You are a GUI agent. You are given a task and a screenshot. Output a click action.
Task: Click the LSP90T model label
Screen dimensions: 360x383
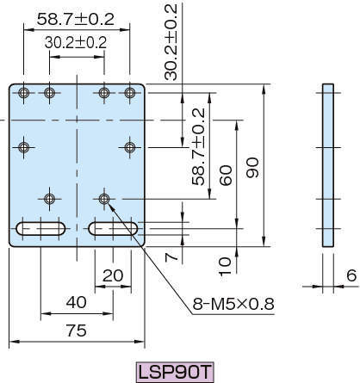click(x=175, y=372)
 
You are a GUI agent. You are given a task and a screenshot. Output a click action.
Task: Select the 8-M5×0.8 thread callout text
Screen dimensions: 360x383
click(x=233, y=304)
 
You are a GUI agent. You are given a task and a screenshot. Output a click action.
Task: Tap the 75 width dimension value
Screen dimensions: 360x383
click(x=77, y=330)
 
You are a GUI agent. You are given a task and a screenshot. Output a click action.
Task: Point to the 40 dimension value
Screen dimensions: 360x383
click(x=77, y=302)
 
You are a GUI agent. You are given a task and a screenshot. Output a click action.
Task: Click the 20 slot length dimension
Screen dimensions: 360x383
click(x=113, y=275)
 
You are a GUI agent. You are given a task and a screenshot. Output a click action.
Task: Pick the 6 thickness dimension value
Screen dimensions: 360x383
click(x=351, y=275)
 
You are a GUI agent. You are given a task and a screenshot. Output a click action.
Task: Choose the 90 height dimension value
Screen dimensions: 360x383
click(x=252, y=168)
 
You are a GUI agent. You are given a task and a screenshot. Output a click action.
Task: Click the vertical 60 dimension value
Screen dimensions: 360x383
click(x=226, y=176)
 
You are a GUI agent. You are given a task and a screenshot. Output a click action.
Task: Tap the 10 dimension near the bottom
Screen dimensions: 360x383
click(x=225, y=267)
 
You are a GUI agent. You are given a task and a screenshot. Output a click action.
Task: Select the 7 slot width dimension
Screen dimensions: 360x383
click(x=171, y=256)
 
